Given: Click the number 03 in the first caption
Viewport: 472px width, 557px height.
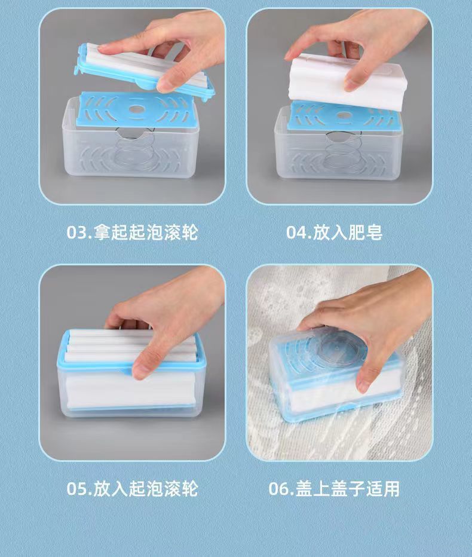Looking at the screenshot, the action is point(76,233).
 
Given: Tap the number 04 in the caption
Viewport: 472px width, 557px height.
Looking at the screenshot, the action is point(296,233).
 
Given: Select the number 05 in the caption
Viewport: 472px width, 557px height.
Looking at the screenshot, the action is point(76,489).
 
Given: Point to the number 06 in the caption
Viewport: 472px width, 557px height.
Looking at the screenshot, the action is point(278,489).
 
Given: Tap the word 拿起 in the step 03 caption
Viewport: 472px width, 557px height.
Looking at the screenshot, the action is point(111,232).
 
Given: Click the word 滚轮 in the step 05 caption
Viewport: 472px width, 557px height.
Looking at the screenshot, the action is point(180,488).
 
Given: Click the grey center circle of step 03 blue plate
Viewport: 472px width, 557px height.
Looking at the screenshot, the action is point(136,109).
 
